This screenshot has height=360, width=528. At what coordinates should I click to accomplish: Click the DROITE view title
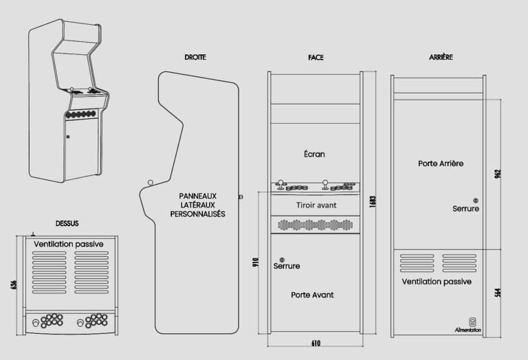point(195,57)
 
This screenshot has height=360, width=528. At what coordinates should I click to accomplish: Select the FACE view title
point(316,57)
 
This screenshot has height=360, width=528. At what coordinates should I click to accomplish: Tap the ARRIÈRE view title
point(441,57)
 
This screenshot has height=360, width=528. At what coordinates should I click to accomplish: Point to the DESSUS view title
point(67,223)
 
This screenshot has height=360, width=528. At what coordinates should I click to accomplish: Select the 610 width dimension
point(316,342)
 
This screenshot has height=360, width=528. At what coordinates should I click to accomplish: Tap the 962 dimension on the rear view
point(498,174)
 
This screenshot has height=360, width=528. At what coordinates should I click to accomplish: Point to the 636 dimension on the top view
point(15,284)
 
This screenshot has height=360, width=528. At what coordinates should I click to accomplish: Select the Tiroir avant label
point(316,205)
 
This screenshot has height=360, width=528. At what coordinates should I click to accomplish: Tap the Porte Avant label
point(312,294)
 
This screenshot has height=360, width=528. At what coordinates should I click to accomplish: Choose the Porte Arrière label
point(441,164)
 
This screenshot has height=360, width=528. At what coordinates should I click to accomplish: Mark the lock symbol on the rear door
point(476,201)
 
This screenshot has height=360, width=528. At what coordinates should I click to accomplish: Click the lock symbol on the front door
point(282,258)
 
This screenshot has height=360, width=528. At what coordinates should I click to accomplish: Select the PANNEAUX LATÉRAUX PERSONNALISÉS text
point(198,205)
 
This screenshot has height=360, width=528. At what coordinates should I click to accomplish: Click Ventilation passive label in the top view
point(68,244)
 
